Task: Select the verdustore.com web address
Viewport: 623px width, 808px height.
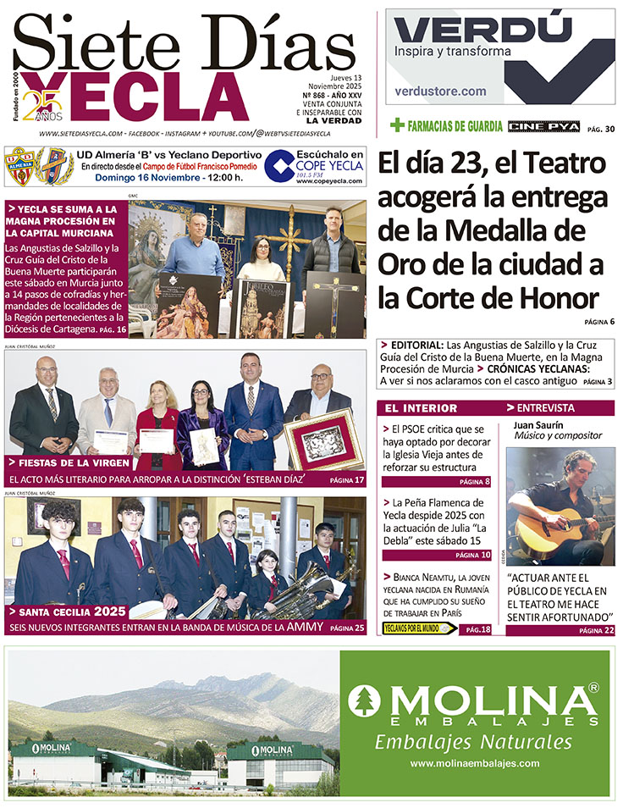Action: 441,91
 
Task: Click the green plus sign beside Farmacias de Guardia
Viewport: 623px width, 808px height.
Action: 396,125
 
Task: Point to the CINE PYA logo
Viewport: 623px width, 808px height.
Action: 544,126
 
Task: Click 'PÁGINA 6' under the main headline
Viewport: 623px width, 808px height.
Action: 598,322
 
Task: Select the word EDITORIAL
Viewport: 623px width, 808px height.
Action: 416,346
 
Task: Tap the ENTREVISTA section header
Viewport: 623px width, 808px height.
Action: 544,408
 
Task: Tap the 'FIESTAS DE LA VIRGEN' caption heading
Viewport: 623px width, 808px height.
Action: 72,463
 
